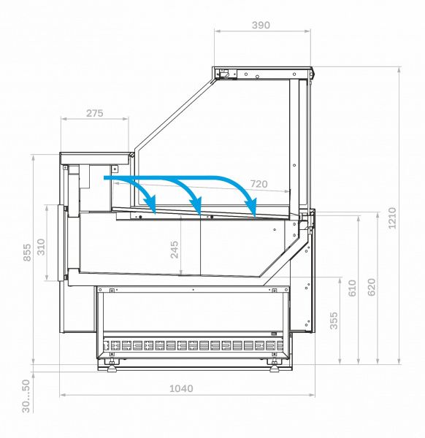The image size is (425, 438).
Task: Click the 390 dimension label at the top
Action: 261,25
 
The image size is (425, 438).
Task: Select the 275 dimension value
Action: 95,113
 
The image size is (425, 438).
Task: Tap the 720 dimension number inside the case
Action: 259,184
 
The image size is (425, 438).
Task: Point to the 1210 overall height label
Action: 392,218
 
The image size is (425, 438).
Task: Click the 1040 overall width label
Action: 181,388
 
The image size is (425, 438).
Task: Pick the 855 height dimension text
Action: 27,253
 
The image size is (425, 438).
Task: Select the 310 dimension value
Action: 41,247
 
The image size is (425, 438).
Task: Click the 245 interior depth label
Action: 175,250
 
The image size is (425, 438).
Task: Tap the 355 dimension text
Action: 334,320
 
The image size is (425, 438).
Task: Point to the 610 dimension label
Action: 352,288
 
